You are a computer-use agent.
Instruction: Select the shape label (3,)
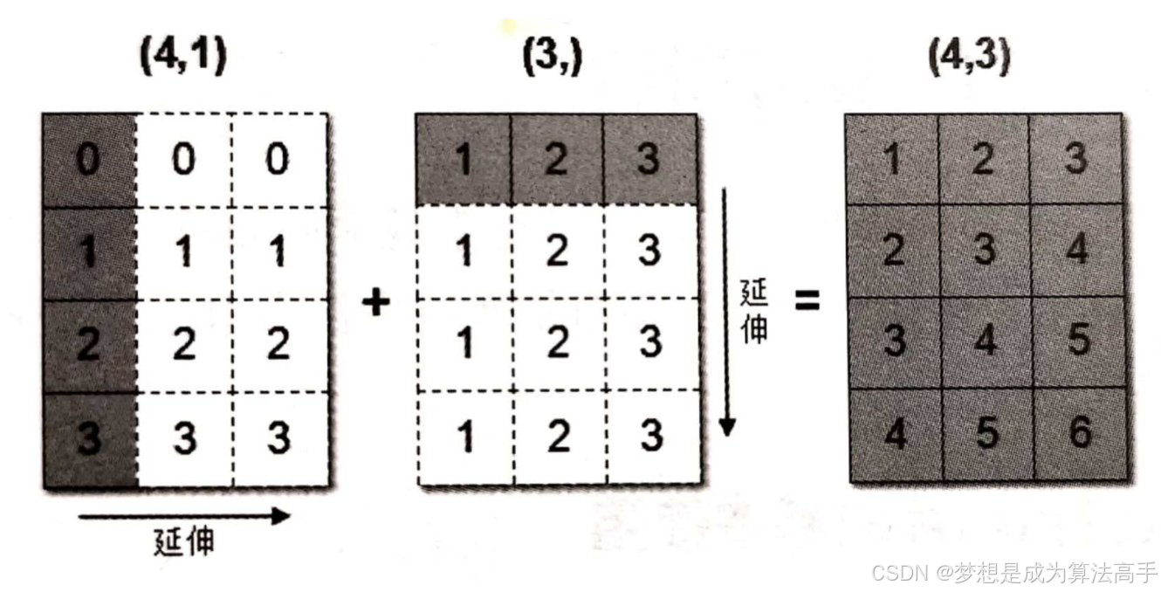[x=552, y=59]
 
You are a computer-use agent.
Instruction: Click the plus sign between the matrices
[x=375, y=303]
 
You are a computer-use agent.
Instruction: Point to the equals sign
[x=807, y=302]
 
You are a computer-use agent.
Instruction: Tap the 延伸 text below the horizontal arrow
[x=183, y=542]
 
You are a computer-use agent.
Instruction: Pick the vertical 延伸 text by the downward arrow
[x=753, y=310]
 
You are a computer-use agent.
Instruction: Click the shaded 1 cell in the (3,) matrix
[x=464, y=159]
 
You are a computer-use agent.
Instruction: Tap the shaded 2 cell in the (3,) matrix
[x=556, y=159]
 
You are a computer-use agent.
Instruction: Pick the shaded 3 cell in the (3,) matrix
[x=649, y=159]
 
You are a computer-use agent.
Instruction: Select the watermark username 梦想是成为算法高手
[x=1055, y=572]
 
